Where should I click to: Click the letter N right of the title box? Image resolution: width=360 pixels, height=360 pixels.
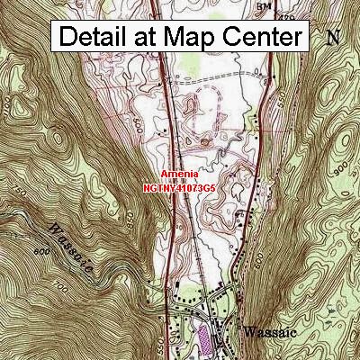333,38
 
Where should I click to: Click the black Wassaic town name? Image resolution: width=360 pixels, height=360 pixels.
271,330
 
